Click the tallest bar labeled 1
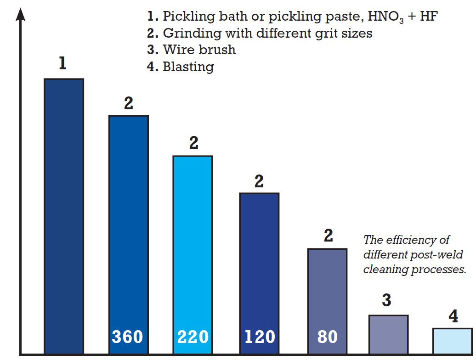click(x=64, y=216)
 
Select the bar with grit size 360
click(x=128, y=230)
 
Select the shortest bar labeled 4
click(x=453, y=341)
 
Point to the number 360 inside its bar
click(x=128, y=337)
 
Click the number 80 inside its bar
click(x=327, y=337)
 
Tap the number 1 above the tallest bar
click(x=62, y=64)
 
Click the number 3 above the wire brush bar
click(x=386, y=300)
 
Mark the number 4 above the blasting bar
click(x=453, y=317)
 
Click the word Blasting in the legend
click(x=188, y=67)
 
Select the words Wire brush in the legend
click(x=199, y=50)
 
